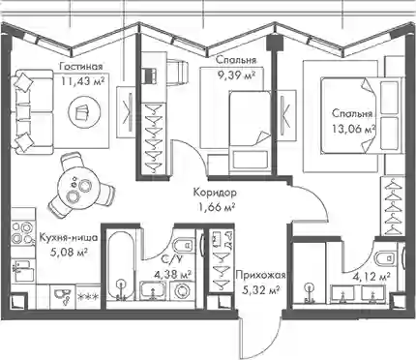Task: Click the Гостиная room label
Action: tap(81, 67)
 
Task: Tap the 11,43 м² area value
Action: tap(83, 80)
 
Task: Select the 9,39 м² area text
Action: tap(237, 75)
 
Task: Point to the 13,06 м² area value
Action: tap(354, 129)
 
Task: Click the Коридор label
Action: tap(215, 193)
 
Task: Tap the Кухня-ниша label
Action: tap(69, 238)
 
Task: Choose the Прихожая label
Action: tap(260, 275)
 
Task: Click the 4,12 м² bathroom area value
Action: tap(372, 276)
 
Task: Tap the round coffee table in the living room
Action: tap(83, 113)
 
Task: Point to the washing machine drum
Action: tap(182, 290)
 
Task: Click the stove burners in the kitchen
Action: tap(22, 232)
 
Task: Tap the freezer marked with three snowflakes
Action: tap(88, 294)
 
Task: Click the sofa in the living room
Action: tap(33, 112)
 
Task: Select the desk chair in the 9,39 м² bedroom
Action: tap(178, 73)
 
